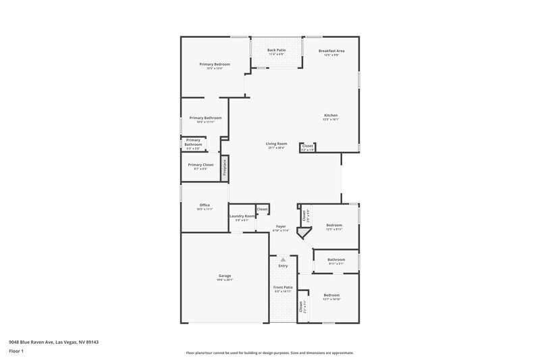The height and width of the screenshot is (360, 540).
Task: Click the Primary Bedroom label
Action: click(x=215, y=64)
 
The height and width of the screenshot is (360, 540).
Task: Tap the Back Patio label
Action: click(x=276, y=50)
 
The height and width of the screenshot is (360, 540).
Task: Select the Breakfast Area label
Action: click(x=332, y=51)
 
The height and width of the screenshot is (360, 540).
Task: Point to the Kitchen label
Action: click(x=331, y=115)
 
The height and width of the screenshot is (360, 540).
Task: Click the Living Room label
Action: click(x=276, y=143)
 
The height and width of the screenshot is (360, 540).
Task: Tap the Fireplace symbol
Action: click(x=225, y=168)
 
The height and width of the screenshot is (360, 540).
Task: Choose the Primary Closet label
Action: click(x=200, y=164)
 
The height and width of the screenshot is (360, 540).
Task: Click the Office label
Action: click(x=204, y=205)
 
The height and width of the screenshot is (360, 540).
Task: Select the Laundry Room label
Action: click(x=241, y=216)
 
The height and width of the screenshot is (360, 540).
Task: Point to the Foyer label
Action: click(x=281, y=226)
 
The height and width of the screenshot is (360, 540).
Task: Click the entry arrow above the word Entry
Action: click(x=283, y=259)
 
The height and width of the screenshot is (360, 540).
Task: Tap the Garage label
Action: click(x=224, y=276)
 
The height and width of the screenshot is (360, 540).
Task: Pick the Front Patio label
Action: click(x=283, y=287)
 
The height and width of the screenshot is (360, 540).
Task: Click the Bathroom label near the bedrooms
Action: click(x=336, y=259)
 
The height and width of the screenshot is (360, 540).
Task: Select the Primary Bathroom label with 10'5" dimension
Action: click(x=205, y=118)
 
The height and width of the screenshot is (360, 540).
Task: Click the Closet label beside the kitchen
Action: click(x=307, y=145)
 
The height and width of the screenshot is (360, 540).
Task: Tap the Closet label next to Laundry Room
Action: click(x=262, y=209)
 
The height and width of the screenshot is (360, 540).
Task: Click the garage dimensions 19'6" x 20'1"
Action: click(x=224, y=280)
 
